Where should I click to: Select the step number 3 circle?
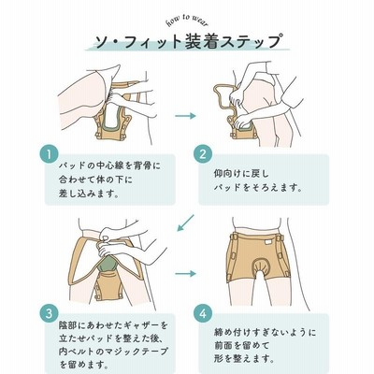50,313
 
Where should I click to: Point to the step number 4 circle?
203,313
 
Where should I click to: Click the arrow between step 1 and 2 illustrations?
185,116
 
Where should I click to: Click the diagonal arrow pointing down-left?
185,223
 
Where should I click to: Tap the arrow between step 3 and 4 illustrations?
185,274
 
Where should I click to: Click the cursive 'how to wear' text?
187,21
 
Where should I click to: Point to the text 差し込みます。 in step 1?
89,194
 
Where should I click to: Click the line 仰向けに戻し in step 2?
241,174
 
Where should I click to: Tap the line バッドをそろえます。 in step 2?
258,188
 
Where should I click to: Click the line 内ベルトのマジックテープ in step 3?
113,352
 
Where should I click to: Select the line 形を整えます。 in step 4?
244,359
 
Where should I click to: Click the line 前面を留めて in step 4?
241,345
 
